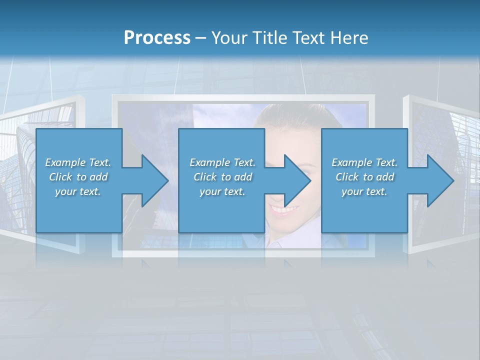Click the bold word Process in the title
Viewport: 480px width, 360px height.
157,38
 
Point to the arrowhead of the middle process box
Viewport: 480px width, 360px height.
296,180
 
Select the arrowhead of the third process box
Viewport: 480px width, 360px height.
439,180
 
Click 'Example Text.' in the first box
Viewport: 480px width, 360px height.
78,162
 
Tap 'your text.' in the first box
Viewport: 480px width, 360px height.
78,191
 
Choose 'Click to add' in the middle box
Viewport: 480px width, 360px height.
222,177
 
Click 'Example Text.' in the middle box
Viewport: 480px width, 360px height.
222,162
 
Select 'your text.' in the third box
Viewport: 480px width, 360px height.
364,191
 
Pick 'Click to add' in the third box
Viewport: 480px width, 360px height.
364,177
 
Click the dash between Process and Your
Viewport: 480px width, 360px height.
201,38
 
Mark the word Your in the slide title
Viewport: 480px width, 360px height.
228,38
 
